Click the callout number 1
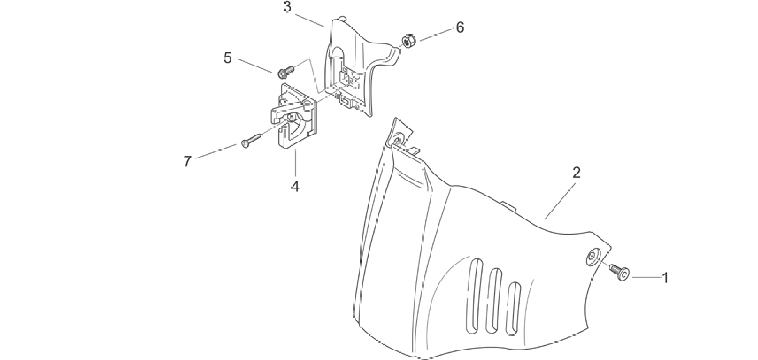click(665, 278)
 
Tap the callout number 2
click(576, 173)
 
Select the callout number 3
click(287, 7)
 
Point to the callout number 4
click(295, 186)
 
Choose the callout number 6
click(460, 27)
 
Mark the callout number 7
click(187, 161)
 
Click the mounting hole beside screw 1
click(593, 257)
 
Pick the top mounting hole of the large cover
click(397, 141)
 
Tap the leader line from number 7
click(216, 152)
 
